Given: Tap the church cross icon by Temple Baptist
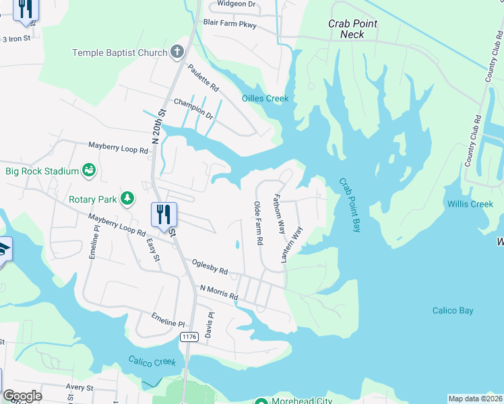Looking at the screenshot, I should (x=177, y=51).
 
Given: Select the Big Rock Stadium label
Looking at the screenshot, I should (x=42, y=171).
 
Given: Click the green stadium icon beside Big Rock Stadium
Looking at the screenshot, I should (x=89, y=171).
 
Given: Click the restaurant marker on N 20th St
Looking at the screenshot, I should (x=164, y=215).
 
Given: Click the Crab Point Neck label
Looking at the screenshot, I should (x=352, y=29).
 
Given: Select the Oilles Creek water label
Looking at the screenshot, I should (x=265, y=99).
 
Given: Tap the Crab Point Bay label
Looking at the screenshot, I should (x=350, y=205).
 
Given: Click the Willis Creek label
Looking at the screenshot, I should (x=470, y=204).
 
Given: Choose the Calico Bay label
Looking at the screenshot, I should (x=453, y=310).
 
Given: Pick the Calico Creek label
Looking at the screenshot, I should (x=152, y=362).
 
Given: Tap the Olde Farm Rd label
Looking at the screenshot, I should (x=257, y=223).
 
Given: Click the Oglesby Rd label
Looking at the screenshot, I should (x=210, y=267).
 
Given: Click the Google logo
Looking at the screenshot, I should (x=22, y=395).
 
